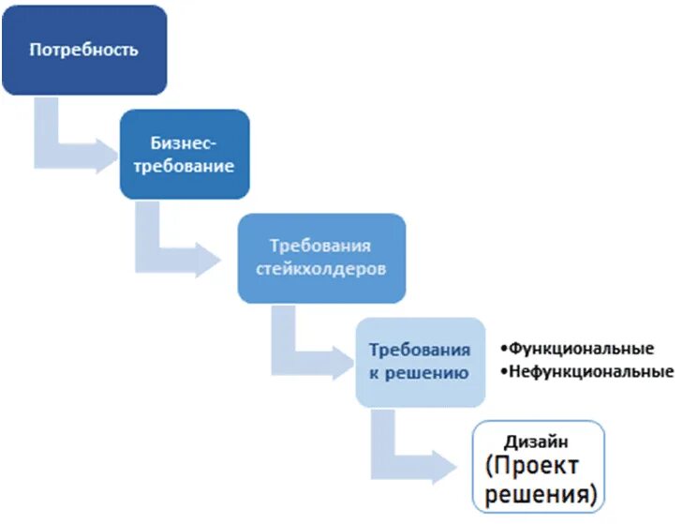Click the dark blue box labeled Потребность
pos(83,50)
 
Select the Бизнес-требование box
pos(185,154)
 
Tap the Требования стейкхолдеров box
pos(320,258)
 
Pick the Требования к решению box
pos(420,362)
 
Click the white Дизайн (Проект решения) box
pos(540,466)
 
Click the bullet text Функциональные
pos(581,349)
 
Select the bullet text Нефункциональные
pos(591,372)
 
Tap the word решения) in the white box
pos(539,491)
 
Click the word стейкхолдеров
pos(320,269)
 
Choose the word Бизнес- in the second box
pos(185,142)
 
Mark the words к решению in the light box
pos(420,373)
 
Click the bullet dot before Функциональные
pos(504,350)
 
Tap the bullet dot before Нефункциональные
pos(504,373)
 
